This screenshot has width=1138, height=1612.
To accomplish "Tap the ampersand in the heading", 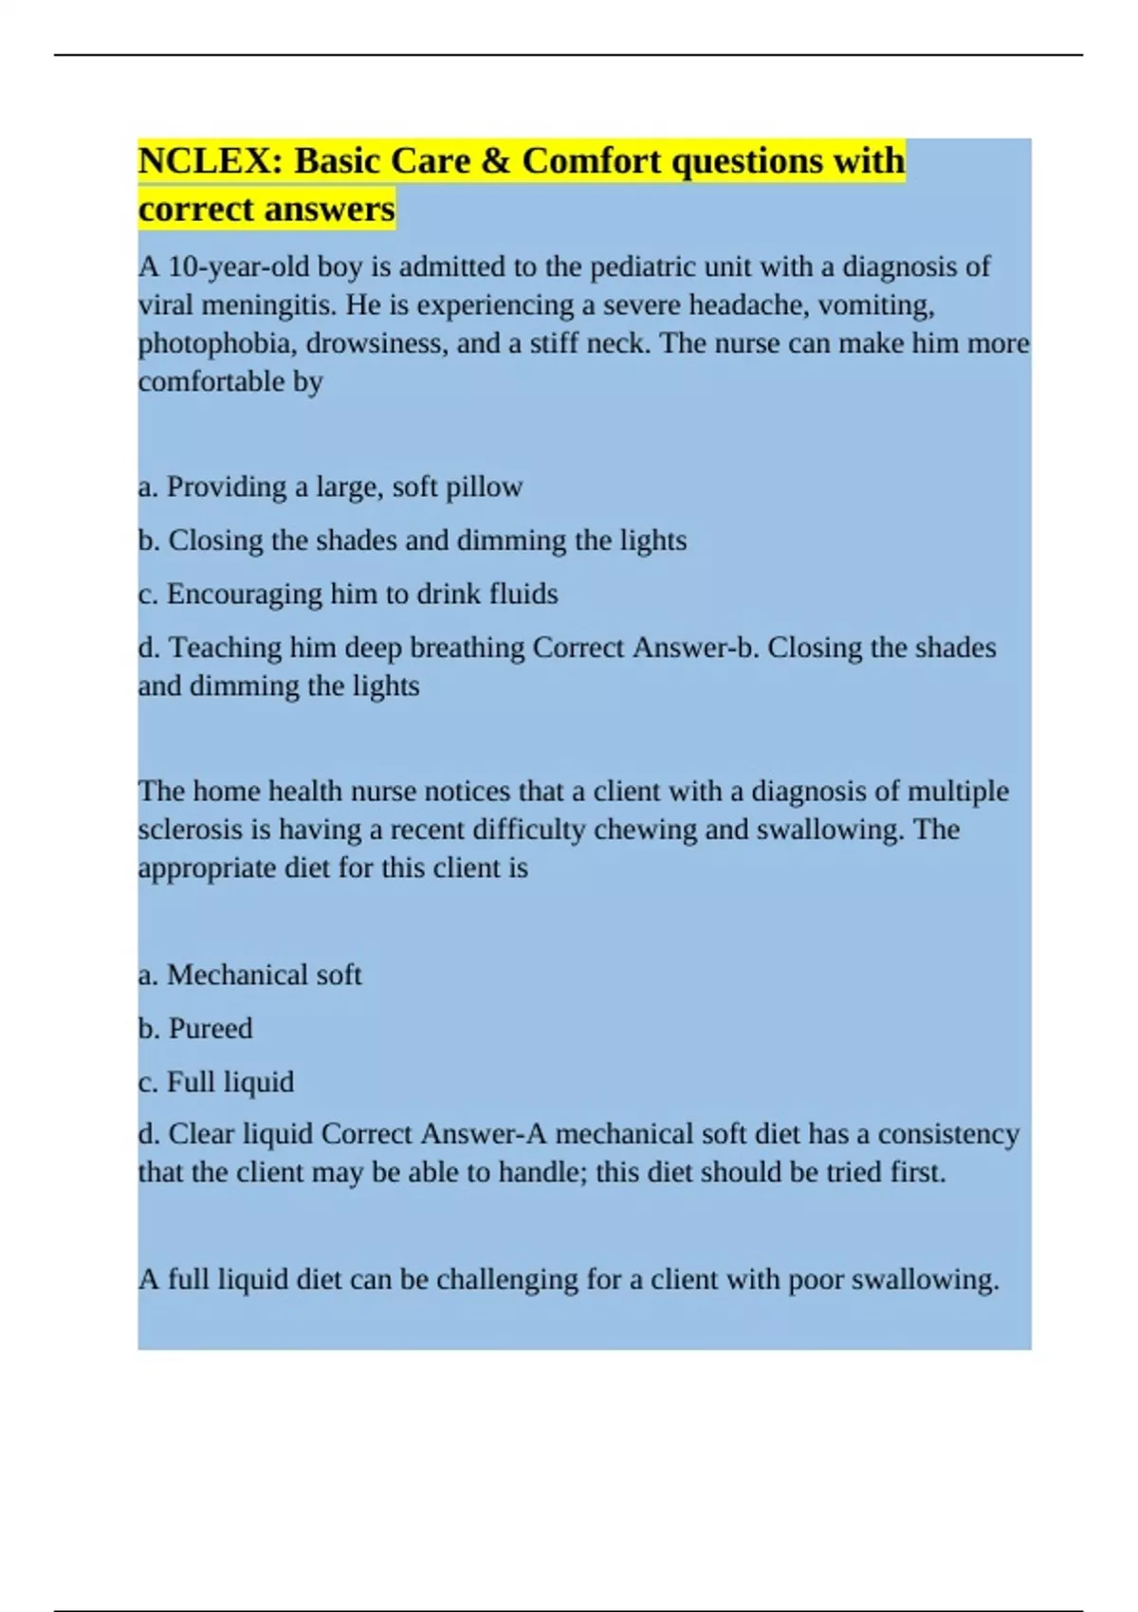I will [x=496, y=161].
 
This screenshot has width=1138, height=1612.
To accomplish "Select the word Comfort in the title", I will [x=592, y=161].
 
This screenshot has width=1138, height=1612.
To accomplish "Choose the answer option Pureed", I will [x=210, y=1029].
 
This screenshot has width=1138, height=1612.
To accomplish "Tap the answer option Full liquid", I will [x=229, y=1082].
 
